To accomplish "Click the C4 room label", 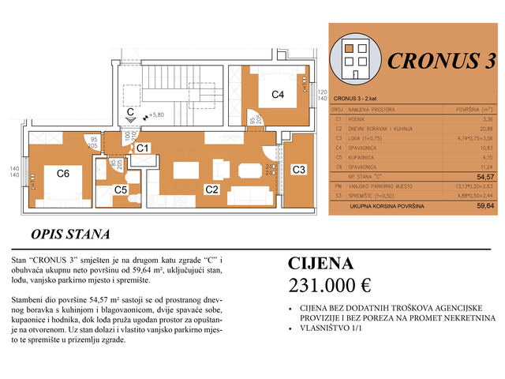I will click(278, 95).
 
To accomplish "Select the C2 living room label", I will click(211, 189).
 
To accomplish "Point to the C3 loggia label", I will click(299, 170).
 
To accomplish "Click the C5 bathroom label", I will click(120, 189).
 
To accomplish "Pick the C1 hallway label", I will click(142, 148).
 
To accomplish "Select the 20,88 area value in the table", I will click(484, 128).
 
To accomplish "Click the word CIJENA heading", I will click(321, 263).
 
